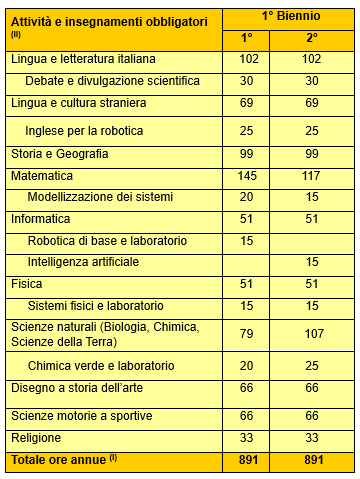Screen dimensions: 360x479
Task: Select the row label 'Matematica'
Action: point(41,175)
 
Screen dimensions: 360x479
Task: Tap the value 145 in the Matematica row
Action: point(247,175)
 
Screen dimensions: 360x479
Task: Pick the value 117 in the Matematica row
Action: point(312,175)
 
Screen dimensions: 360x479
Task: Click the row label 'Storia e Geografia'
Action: point(59,154)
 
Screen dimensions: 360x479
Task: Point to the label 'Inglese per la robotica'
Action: point(85,132)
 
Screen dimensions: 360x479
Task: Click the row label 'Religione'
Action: point(36,437)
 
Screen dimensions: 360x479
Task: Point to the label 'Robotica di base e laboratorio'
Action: point(108,241)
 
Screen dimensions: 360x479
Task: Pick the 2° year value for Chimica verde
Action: point(312,365)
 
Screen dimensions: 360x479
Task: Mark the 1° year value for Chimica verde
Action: point(247,365)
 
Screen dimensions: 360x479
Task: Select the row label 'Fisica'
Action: point(28,284)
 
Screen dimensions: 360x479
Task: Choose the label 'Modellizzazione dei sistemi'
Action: point(100,196)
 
